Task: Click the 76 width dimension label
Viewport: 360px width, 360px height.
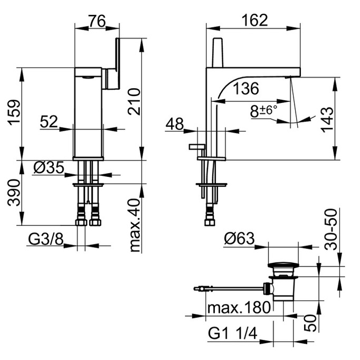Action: tap(97, 21)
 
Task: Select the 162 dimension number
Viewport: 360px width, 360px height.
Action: tap(255, 20)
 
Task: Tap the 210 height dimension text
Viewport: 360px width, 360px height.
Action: tap(134, 101)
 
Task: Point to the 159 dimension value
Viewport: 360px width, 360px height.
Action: tap(14, 112)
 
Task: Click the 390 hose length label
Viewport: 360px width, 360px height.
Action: tap(14, 192)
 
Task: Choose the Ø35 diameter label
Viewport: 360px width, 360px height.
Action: tap(49, 168)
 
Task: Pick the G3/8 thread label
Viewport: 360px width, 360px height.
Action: tap(45, 239)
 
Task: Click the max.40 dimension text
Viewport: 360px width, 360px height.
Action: tap(135, 225)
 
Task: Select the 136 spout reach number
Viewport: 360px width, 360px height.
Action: tap(246, 88)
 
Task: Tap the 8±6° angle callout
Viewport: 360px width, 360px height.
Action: tap(263, 111)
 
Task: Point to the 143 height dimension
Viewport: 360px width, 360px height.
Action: tap(327, 119)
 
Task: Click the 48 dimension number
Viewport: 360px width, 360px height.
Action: tap(175, 124)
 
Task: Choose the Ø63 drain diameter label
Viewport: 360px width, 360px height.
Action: tap(239, 239)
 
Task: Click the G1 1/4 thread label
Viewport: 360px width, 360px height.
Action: tap(233, 333)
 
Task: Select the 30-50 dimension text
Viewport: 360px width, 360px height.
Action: tap(331, 229)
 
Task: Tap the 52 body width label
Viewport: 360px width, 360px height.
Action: tap(49, 121)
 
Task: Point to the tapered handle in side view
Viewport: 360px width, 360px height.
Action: tap(217, 52)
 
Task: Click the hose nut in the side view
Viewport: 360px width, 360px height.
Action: tap(210, 222)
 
